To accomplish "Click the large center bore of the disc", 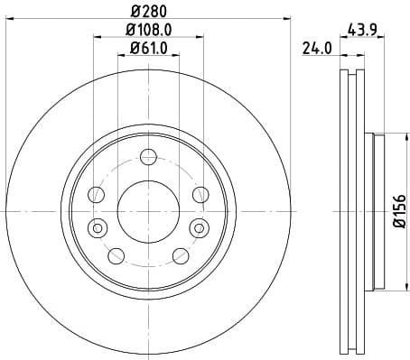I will (x=146, y=209).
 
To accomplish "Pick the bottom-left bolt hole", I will (x=116, y=256).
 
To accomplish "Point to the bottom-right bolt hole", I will (x=178, y=256).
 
